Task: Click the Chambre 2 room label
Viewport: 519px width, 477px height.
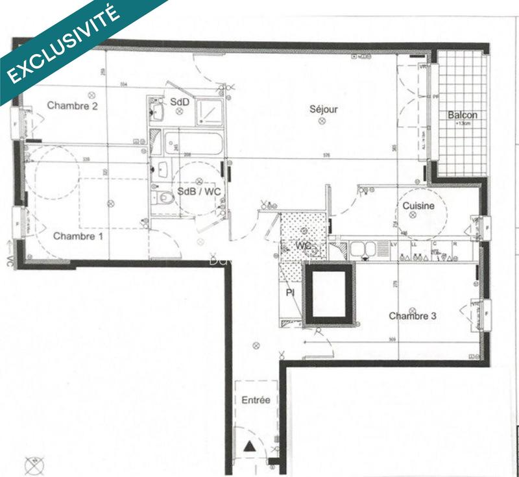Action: click(73, 106)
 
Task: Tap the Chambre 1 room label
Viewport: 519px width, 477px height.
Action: click(78, 236)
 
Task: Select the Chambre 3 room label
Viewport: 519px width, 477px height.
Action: click(413, 316)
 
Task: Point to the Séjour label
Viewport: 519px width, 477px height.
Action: click(323, 110)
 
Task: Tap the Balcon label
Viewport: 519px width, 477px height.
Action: click(463, 116)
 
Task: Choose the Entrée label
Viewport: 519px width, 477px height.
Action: click(256, 400)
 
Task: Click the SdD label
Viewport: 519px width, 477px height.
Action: click(180, 102)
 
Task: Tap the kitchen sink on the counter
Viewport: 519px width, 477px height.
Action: click(359, 249)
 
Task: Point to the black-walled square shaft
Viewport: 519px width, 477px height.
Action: click(330, 293)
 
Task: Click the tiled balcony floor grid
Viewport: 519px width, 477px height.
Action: click(462, 143)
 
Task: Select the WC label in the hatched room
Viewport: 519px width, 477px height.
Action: click(304, 247)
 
